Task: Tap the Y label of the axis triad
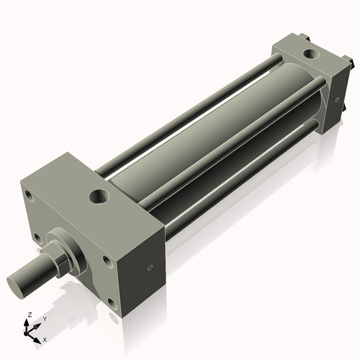pyautogui.click(x=44, y=318)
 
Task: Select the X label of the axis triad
pyautogui.click(x=45, y=338)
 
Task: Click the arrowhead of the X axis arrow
pyautogui.click(x=37, y=336)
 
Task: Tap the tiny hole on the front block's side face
pyautogui.click(x=149, y=268)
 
